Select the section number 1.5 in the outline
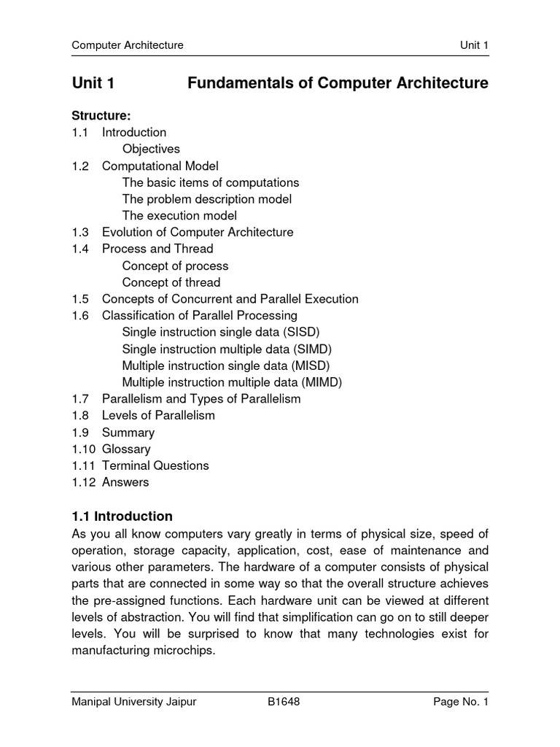[79, 299]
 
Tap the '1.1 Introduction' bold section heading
[122, 516]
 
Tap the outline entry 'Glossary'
[126, 449]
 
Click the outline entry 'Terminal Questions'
[155, 465]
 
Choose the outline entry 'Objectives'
[151, 149]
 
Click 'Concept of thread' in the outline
[171, 282]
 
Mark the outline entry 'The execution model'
[179, 215]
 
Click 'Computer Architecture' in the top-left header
[128, 46]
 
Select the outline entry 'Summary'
[128, 433]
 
